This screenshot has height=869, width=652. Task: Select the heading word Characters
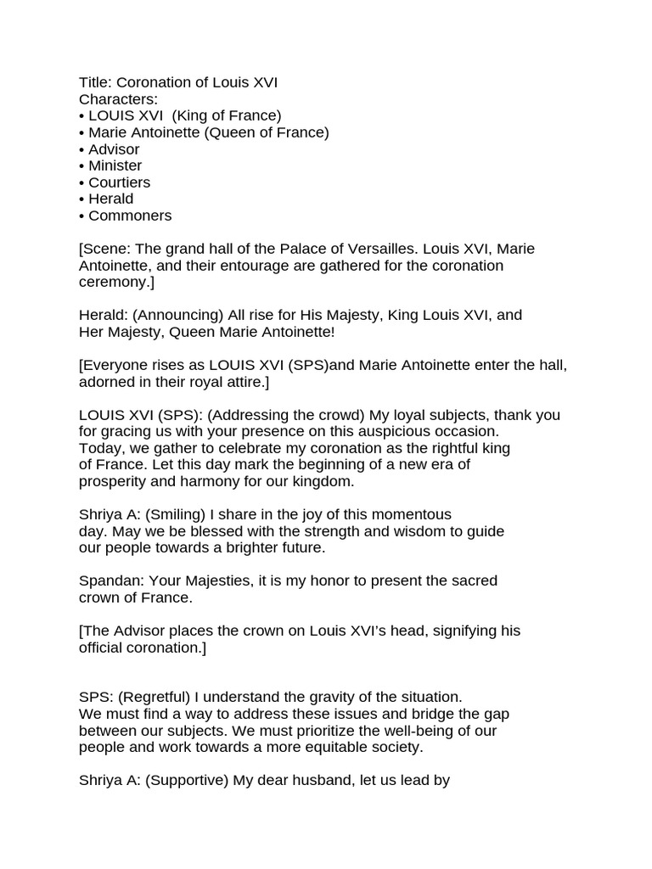[x=118, y=99]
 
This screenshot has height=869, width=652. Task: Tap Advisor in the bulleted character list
[x=114, y=149]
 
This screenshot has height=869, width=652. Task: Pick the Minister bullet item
[x=115, y=165]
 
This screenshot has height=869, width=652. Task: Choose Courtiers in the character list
[x=119, y=182]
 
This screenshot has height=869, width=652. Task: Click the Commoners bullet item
[x=130, y=216]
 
